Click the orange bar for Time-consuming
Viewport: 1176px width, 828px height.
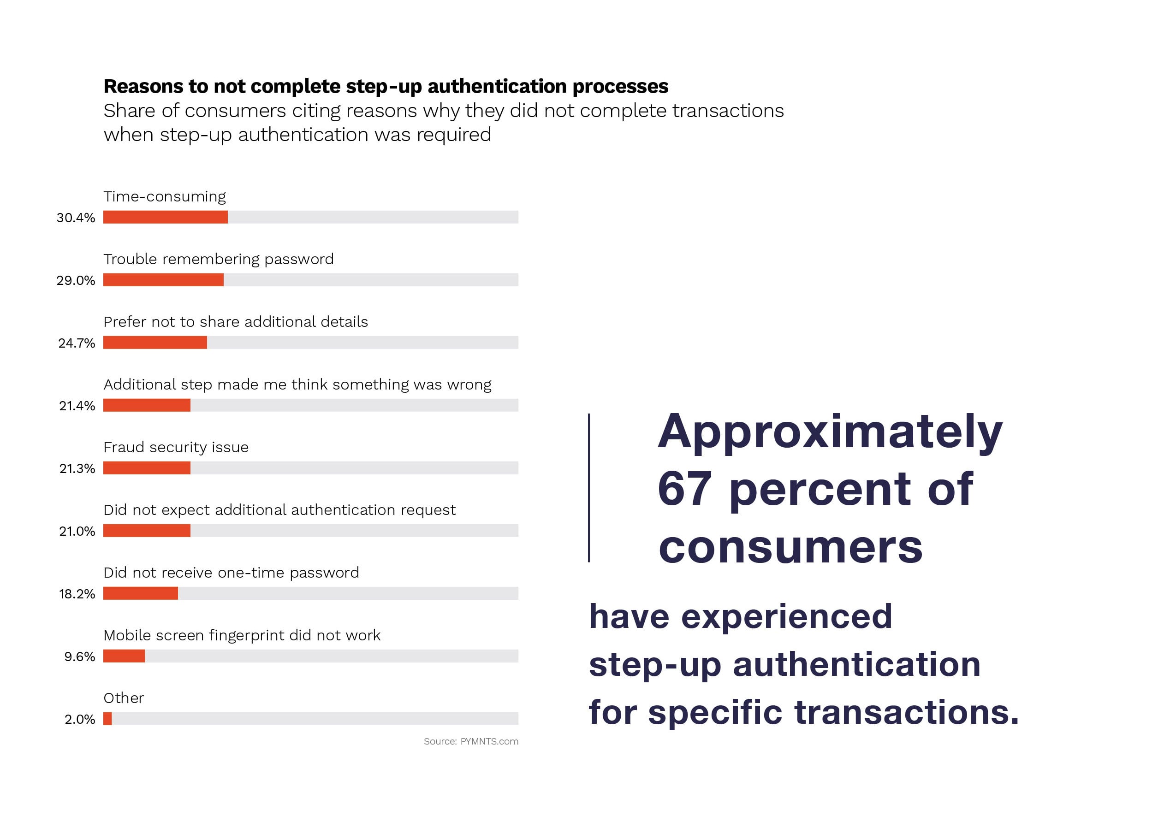[166, 217]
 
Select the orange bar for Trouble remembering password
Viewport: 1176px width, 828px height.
[163, 279]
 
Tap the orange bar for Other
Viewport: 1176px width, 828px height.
[107, 718]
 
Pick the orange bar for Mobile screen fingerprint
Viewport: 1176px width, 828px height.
[124, 656]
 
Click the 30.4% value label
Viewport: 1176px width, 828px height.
[76, 218]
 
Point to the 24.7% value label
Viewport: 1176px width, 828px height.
[77, 343]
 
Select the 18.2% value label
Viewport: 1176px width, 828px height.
[77, 594]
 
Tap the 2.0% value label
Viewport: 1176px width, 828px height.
[80, 720]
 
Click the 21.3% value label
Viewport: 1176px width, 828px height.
[77, 468]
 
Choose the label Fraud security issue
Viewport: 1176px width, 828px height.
[176, 447]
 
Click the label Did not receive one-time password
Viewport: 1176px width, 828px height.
[231, 573]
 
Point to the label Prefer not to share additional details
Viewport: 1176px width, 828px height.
[236, 322]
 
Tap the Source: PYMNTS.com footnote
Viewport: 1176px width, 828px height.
[471, 741]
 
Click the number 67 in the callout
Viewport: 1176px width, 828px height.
[684, 489]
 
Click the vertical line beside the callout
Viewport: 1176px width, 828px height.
[589, 487]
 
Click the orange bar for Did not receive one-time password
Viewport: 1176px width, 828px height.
[140, 593]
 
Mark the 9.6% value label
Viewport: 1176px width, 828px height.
[80, 656]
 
